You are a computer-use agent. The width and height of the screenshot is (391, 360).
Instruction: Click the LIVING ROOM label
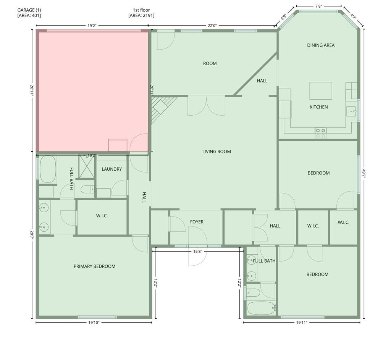(x=217, y=152)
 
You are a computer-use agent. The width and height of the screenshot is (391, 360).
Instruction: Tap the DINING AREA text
(x=321, y=45)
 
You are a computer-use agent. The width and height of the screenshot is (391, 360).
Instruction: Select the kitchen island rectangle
(x=321, y=91)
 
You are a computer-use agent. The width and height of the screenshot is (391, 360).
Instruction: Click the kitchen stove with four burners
(x=320, y=133)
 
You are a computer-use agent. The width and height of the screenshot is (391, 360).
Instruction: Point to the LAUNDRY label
(x=112, y=169)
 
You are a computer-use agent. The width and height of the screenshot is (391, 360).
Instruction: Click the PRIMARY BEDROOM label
(x=95, y=266)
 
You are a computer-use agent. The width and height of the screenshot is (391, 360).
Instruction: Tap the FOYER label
(x=197, y=222)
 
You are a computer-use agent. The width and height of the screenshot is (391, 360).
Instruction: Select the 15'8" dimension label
(x=197, y=252)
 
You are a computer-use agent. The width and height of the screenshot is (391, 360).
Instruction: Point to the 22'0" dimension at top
(x=212, y=26)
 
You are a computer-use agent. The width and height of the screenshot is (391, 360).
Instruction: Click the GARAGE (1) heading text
(x=29, y=10)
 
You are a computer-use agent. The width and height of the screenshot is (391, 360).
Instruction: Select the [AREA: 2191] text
(x=141, y=15)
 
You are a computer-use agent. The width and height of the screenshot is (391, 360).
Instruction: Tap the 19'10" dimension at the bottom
(x=94, y=322)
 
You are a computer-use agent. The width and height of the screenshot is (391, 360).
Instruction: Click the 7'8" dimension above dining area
(x=318, y=6)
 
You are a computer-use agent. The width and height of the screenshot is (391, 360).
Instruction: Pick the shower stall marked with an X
(x=87, y=166)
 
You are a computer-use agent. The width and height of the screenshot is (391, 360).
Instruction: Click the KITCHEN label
(x=319, y=107)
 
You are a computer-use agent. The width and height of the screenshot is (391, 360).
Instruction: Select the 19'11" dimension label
(x=302, y=322)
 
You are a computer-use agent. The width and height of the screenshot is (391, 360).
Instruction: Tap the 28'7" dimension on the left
(x=32, y=235)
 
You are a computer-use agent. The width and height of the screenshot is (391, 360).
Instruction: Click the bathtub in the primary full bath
(x=48, y=169)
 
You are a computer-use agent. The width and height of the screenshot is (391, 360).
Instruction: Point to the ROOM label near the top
(x=210, y=64)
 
